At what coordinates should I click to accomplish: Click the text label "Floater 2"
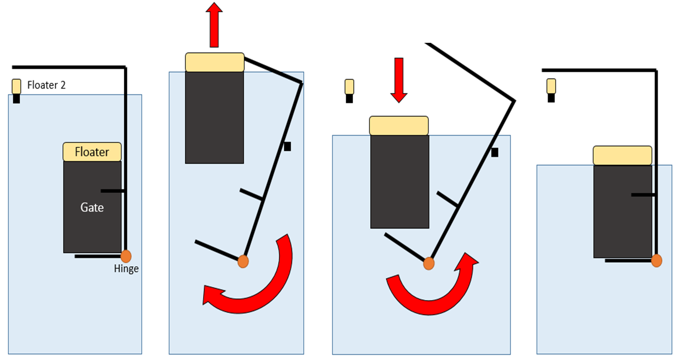pyautogui.click(x=46, y=85)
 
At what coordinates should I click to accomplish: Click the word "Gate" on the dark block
pyautogui.click(x=92, y=208)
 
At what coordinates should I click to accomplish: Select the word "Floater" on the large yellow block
pyautogui.click(x=92, y=152)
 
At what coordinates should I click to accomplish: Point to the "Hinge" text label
pyautogui.click(x=126, y=269)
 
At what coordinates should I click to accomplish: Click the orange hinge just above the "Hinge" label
pyautogui.click(x=126, y=256)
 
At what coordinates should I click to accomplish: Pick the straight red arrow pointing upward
pyautogui.click(x=214, y=25)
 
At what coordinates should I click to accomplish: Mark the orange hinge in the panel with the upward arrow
pyautogui.click(x=243, y=261)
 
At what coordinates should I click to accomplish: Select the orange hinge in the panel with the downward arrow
pyautogui.click(x=429, y=264)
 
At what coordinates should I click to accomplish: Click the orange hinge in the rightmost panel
pyautogui.click(x=656, y=260)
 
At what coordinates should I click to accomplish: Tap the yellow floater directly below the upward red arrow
pyautogui.click(x=215, y=62)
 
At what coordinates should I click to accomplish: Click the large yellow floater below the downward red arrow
pyautogui.click(x=399, y=125)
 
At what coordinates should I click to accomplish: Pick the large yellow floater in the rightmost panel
pyautogui.click(x=622, y=155)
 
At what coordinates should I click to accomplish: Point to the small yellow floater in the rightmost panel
pyautogui.click(x=551, y=86)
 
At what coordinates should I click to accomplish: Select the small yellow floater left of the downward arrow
pyautogui.click(x=349, y=87)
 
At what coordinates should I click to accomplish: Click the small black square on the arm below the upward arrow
pyautogui.click(x=287, y=147)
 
